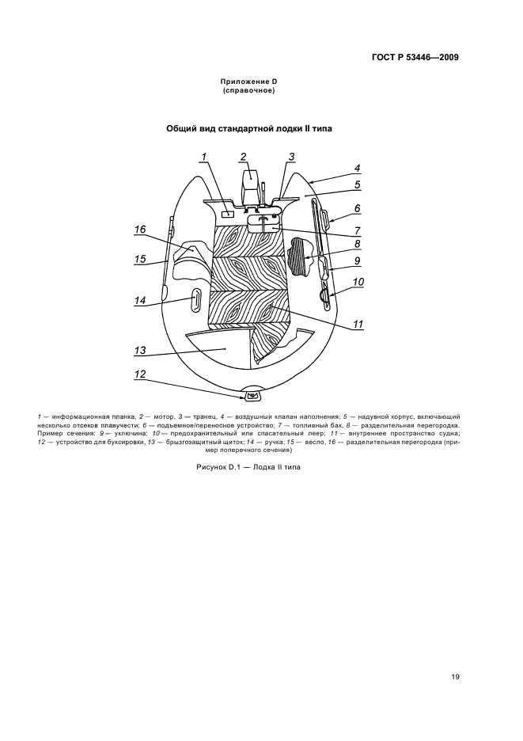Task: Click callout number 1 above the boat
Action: click(204, 157)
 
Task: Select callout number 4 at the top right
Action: click(358, 168)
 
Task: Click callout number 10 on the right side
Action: click(358, 282)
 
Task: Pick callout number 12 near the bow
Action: click(140, 375)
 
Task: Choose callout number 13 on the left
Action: click(140, 349)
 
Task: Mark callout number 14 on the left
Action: click(140, 300)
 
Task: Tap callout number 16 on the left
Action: click(140, 230)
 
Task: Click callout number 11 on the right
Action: click(358, 324)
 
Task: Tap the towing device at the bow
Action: click(253, 395)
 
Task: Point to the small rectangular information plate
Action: click(227, 214)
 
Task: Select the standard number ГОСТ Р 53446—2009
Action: click(415, 58)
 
